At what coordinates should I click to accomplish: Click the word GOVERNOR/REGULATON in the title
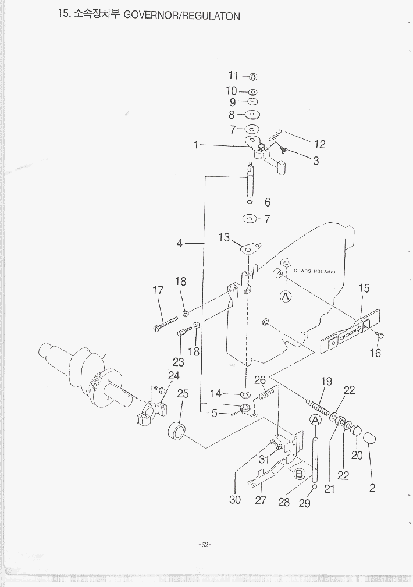coord(182,16)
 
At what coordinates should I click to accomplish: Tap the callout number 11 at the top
coord(233,76)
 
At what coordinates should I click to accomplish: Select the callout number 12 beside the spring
coord(319,145)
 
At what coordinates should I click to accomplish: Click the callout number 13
coord(224,237)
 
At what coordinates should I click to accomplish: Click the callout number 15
coord(364,288)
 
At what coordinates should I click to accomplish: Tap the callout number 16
coord(375,353)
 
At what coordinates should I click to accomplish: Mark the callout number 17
coord(158,291)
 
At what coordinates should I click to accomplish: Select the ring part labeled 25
coord(177,432)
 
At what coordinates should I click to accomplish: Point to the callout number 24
coord(173,376)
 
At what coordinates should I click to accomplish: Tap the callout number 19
coord(326,382)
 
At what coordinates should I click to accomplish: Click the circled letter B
coord(300,474)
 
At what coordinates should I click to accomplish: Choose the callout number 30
coord(235,500)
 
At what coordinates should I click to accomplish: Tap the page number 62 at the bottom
coord(205,545)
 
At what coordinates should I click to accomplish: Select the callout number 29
coord(305,504)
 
